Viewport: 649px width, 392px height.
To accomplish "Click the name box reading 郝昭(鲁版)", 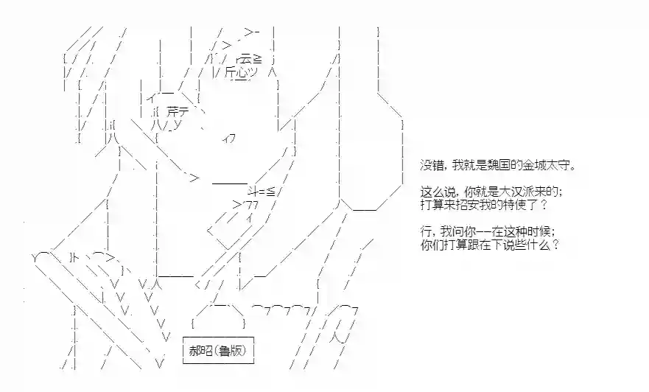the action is click(x=218, y=351).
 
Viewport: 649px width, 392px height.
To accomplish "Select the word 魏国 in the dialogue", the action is click(x=502, y=166).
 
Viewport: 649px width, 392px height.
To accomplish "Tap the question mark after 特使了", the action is click(x=544, y=205).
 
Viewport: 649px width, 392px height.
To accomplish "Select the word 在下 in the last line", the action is click(x=491, y=244).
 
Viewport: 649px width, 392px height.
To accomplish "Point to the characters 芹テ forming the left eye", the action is click(x=178, y=111).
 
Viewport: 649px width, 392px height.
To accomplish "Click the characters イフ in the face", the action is click(x=229, y=139).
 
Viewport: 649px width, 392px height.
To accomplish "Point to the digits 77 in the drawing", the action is click(x=252, y=205).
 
